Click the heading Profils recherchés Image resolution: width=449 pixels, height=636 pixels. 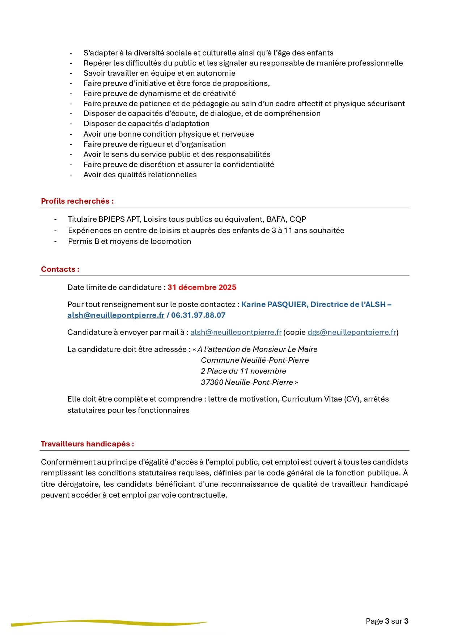[x=77, y=201]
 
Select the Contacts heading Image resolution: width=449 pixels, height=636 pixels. [x=60, y=269]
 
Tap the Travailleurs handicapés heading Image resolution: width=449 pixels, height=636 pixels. [x=87, y=444]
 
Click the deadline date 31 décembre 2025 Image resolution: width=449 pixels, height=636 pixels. [x=202, y=287]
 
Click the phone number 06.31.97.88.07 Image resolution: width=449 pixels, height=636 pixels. [x=198, y=315]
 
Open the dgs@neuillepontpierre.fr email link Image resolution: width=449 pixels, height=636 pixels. [x=351, y=332]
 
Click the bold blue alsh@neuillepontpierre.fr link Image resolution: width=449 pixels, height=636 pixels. [x=116, y=315]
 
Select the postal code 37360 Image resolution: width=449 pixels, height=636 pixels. [x=212, y=382]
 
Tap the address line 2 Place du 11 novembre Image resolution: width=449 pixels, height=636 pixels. [x=243, y=371]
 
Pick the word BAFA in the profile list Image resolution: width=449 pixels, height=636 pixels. [x=276, y=219]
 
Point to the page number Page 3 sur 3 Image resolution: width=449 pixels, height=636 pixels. [x=387, y=621]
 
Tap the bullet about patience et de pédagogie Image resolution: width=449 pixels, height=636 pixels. [x=244, y=104]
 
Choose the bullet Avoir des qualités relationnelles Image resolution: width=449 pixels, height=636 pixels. [x=140, y=175]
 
